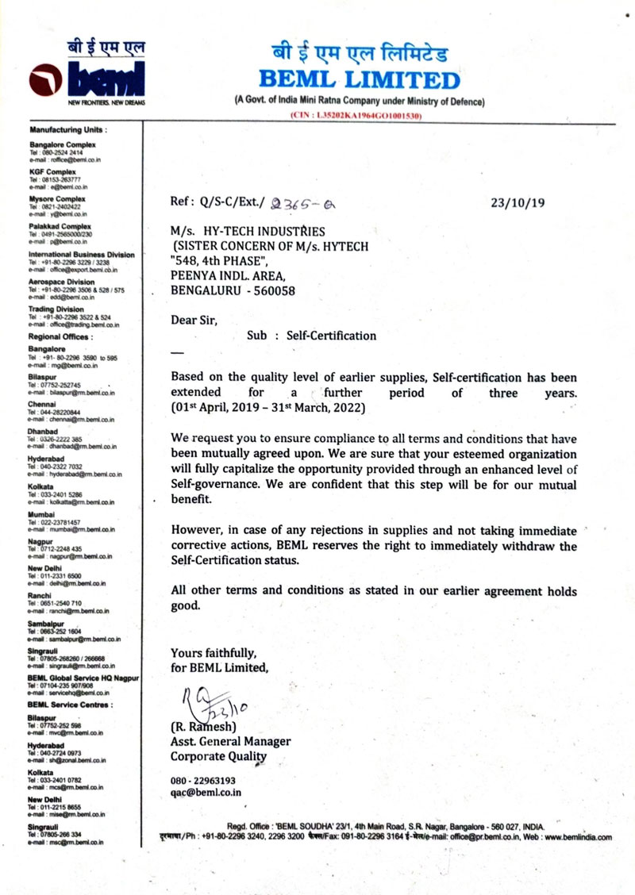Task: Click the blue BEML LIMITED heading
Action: click(359, 80)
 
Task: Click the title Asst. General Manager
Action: click(230, 741)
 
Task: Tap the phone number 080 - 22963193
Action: click(203, 780)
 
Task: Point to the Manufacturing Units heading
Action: click(67, 129)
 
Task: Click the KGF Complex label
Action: click(52, 171)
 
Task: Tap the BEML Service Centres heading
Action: click(70, 705)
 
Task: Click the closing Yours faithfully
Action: click(214, 653)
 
